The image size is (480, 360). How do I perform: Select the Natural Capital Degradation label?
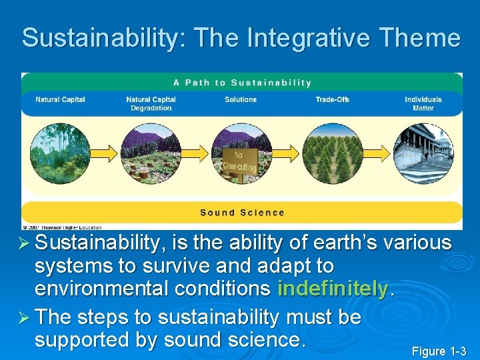(151, 103)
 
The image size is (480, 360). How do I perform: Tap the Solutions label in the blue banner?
(241, 99)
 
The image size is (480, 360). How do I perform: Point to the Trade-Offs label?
(332, 99)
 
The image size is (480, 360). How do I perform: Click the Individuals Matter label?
(423, 103)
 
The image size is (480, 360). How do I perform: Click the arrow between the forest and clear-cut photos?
(105, 154)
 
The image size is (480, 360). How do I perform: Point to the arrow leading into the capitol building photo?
(377, 154)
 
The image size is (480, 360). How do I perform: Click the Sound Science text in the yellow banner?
(242, 213)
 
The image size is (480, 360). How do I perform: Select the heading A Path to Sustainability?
(242, 83)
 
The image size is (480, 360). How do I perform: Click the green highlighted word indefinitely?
(333, 289)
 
